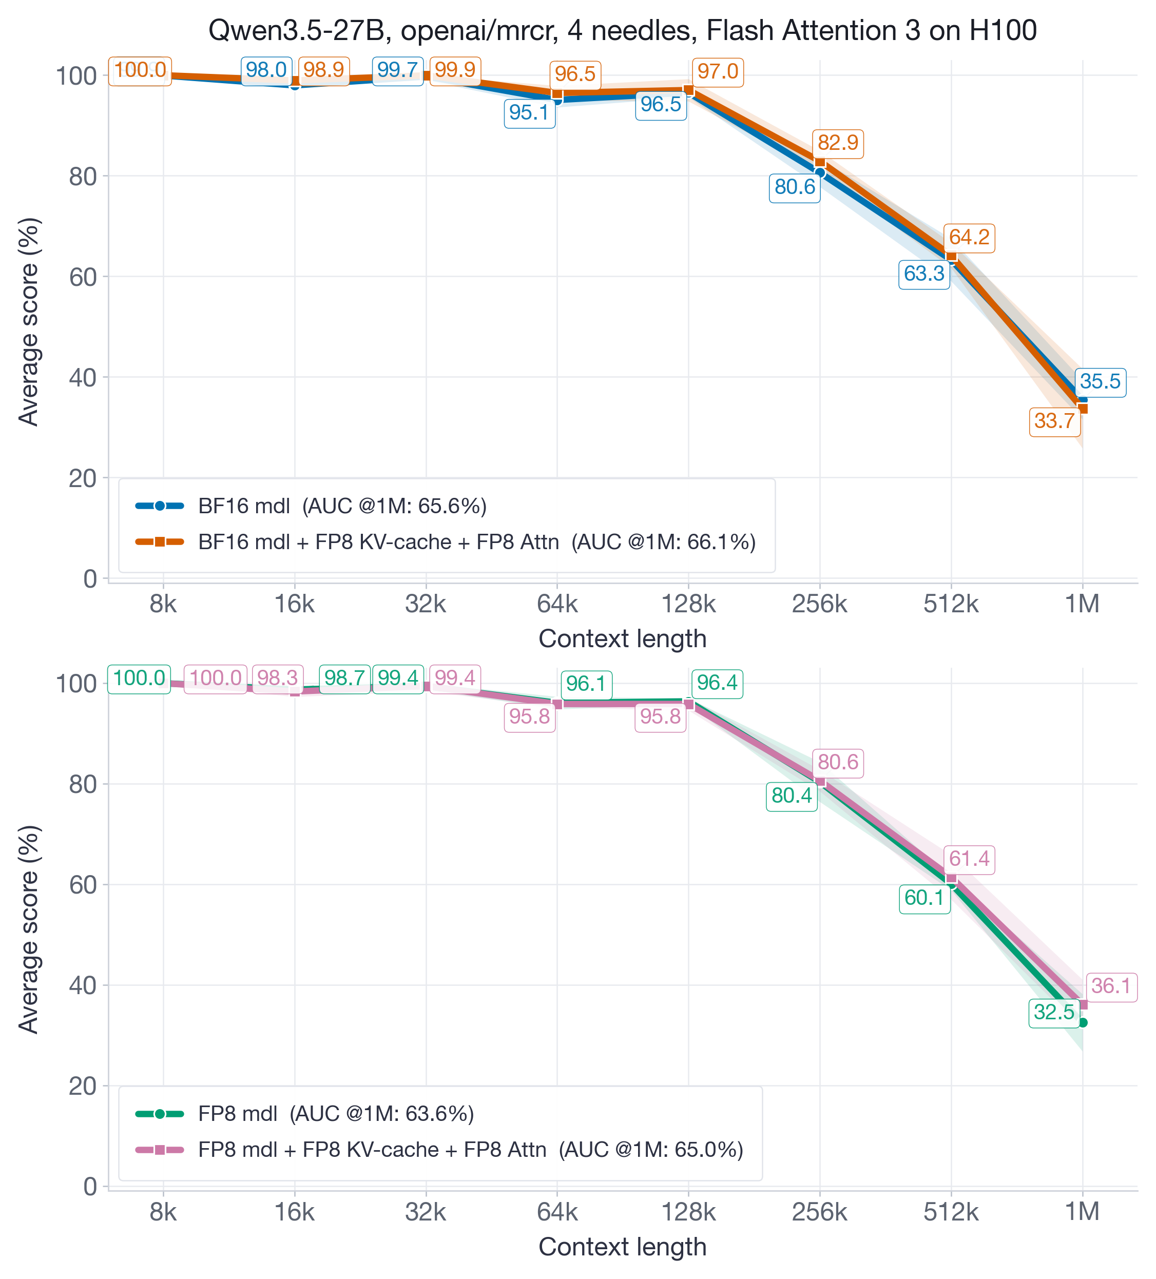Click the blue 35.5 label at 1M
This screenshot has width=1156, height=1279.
(x=1100, y=382)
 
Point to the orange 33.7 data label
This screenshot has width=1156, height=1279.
(x=1054, y=421)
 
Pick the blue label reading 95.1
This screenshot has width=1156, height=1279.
(x=529, y=113)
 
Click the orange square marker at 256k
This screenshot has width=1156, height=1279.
(x=819, y=162)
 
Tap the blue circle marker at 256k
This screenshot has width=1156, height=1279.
(x=819, y=172)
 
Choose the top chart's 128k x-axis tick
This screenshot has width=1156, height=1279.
(x=688, y=604)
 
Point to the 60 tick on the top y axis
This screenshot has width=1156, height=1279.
(x=83, y=277)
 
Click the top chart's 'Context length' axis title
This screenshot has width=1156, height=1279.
(x=622, y=639)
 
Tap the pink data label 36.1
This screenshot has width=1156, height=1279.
(x=1111, y=986)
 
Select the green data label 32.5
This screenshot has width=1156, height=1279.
(x=1054, y=1012)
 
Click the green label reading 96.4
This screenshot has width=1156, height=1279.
(x=717, y=683)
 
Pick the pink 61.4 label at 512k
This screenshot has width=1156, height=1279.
(x=969, y=859)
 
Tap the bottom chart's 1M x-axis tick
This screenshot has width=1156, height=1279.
(x=1082, y=1212)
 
